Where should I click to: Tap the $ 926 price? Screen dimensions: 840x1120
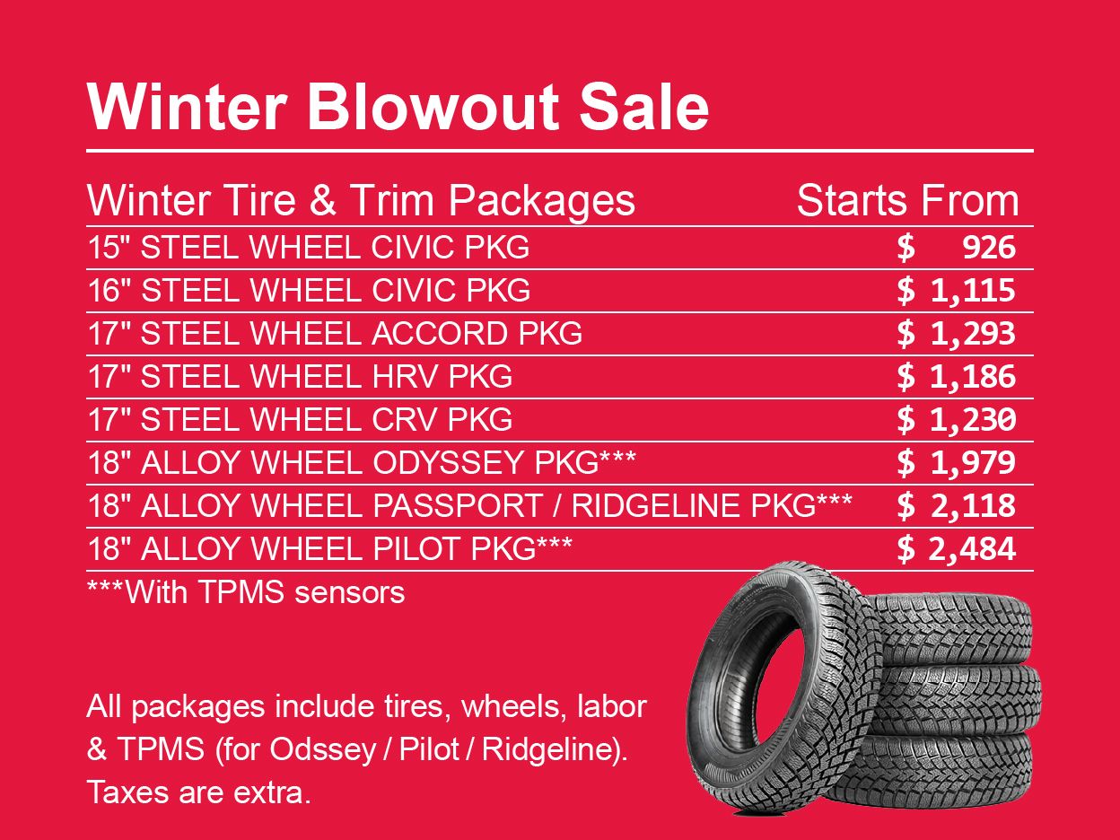[x=957, y=248]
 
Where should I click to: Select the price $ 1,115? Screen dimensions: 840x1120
[x=957, y=291]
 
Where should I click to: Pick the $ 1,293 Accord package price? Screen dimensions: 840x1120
[x=957, y=334]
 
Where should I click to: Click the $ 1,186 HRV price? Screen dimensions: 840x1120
[x=957, y=377]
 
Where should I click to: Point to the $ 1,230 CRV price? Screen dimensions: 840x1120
[x=957, y=420]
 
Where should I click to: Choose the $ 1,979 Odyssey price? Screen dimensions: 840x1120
[x=957, y=463]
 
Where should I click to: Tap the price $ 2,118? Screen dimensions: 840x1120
[x=957, y=506]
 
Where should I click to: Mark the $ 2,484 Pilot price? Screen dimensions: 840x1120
[x=957, y=549]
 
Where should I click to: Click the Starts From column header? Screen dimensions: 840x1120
[x=907, y=202]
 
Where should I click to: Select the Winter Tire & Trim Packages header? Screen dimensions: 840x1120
[x=361, y=202]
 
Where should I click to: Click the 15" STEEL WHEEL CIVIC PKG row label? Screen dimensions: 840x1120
[x=309, y=248]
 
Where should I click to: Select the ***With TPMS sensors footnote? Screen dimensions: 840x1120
[x=246, y=592]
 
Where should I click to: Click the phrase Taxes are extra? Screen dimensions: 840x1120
[x=199, y=793]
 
